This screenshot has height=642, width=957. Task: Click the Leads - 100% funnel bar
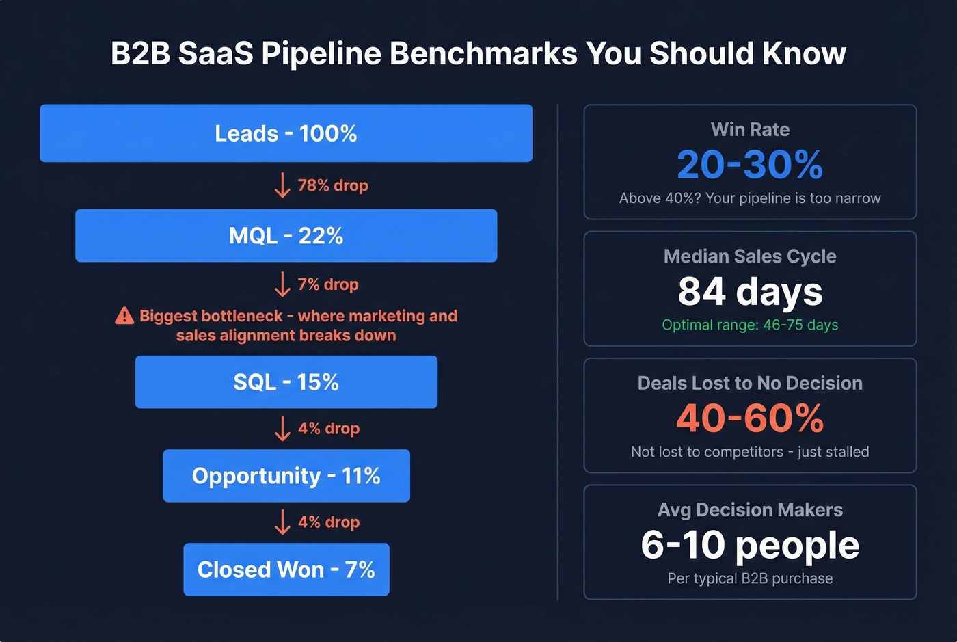pos(286,133)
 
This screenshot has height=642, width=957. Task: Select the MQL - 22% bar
pos(286,236)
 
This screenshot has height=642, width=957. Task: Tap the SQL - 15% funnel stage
pos(286,382)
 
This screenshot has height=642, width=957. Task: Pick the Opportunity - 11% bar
pos(286,476)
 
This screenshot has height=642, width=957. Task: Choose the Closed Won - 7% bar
pos(286,570)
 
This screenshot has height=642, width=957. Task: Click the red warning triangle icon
pos(124,316)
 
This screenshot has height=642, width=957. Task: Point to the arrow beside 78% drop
pos(282,185)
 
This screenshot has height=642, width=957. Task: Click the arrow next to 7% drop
pos(282,284)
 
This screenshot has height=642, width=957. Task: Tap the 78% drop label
pos(333,185)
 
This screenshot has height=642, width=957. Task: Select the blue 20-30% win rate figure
pos(750,164)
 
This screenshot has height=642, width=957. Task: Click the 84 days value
pos(750,291)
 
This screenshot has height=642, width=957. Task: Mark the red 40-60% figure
pos(750,418)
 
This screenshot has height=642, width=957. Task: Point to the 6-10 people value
pos(750,545)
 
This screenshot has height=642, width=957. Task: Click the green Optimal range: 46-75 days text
pos(750,325)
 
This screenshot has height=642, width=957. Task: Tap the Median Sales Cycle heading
pos(750,256)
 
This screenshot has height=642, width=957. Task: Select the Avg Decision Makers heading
pos(750,510)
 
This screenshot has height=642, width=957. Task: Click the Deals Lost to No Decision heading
pos(750,383)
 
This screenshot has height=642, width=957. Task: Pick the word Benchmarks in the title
pos(483,53)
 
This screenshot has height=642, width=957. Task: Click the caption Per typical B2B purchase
pos(750,578)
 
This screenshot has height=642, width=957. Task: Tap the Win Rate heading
pos(750,129)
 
